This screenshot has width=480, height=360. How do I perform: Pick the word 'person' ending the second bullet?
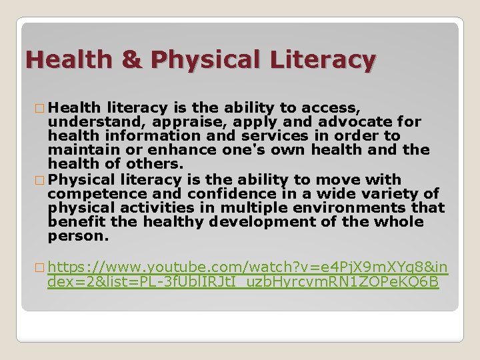(x=76, y=236)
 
